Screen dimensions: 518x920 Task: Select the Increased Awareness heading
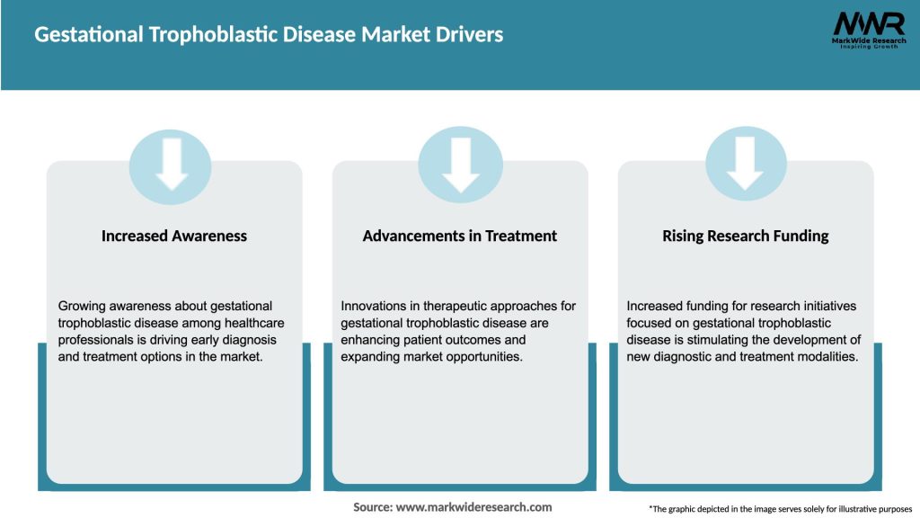[174, 236]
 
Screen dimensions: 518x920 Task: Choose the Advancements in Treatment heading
[460, 236]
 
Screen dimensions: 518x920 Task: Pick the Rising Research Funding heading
[746, 236]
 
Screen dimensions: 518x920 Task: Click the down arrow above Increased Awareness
[172, 165]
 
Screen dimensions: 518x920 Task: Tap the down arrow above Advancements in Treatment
[460, 165]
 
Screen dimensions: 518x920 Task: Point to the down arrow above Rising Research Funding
[746, 165]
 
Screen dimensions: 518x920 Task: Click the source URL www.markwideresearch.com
[474, 507]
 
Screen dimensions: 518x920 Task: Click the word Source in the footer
[372, 507]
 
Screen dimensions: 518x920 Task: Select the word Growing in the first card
[83, 306]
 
